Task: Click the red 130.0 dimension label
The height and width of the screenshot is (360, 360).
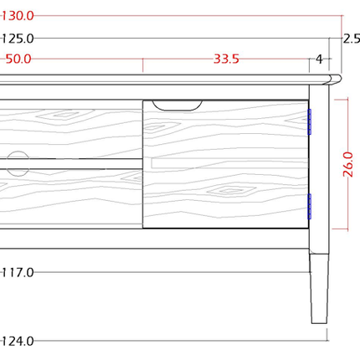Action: tap(18, 16)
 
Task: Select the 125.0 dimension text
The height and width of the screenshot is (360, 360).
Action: tap(18, 39)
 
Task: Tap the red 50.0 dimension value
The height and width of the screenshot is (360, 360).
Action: tap(18, 59)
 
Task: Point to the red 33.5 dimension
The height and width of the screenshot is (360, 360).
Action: tap(226, 59)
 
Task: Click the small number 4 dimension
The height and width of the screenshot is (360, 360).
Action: tap(319, 59)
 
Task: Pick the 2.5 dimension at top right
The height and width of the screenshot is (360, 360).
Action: tap(352, 39)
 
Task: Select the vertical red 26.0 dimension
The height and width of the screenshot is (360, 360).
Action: tap(348, 164)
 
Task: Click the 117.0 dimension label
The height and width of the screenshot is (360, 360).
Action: tap(18, 272)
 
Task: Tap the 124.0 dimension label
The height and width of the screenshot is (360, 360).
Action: tap(18, 341)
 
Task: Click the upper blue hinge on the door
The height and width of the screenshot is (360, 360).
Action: tap(309, 122)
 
